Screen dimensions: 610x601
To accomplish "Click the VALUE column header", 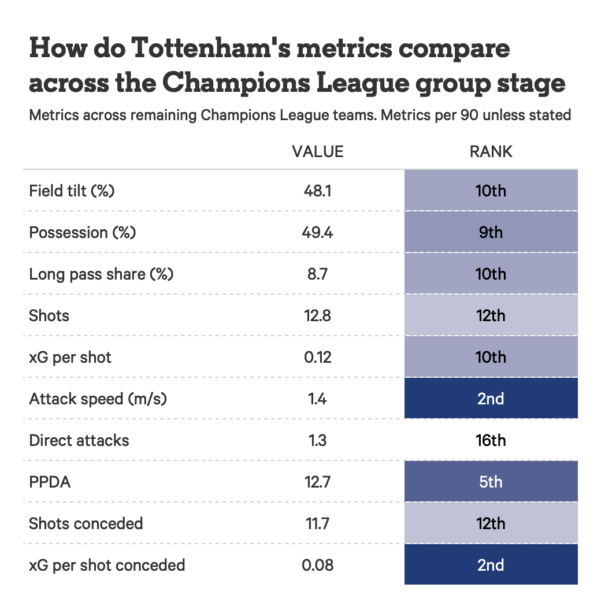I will click(x=317, y=151).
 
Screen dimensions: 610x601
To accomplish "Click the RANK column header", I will click(x=491, y=151).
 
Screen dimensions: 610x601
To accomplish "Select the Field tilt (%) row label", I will click(x=72, y=191).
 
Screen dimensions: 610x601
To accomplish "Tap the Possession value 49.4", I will click(x=317, y=232).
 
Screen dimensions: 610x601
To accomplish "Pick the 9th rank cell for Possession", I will click(x=491, y=232).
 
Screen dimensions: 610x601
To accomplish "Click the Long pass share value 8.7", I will click(x=317, y=274).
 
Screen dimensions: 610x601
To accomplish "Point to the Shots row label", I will click(x=49, y=315).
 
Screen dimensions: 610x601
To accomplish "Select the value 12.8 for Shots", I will click(x=317, y=315).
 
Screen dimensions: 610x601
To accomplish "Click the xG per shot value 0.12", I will click(x=317, y=357).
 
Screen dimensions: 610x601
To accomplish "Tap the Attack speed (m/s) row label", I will click(x=98, y=399).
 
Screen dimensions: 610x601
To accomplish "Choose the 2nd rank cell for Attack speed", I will click(x=491, y=399).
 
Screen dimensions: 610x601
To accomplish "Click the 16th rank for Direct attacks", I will click(x=491, y=440).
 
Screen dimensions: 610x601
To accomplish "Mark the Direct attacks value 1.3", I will click(x=317, y=440).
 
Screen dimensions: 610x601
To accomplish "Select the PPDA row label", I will click(x=50, y=482).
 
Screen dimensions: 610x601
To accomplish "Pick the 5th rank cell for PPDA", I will click(x=491, y=482).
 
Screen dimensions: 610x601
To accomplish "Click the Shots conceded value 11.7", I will click(x=317, y=523).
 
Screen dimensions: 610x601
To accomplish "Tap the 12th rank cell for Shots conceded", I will click(x=491, y=523).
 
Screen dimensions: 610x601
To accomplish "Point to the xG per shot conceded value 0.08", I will click(x=317, y=565).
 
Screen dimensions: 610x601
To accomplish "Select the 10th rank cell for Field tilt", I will click(x=491, y=191).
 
